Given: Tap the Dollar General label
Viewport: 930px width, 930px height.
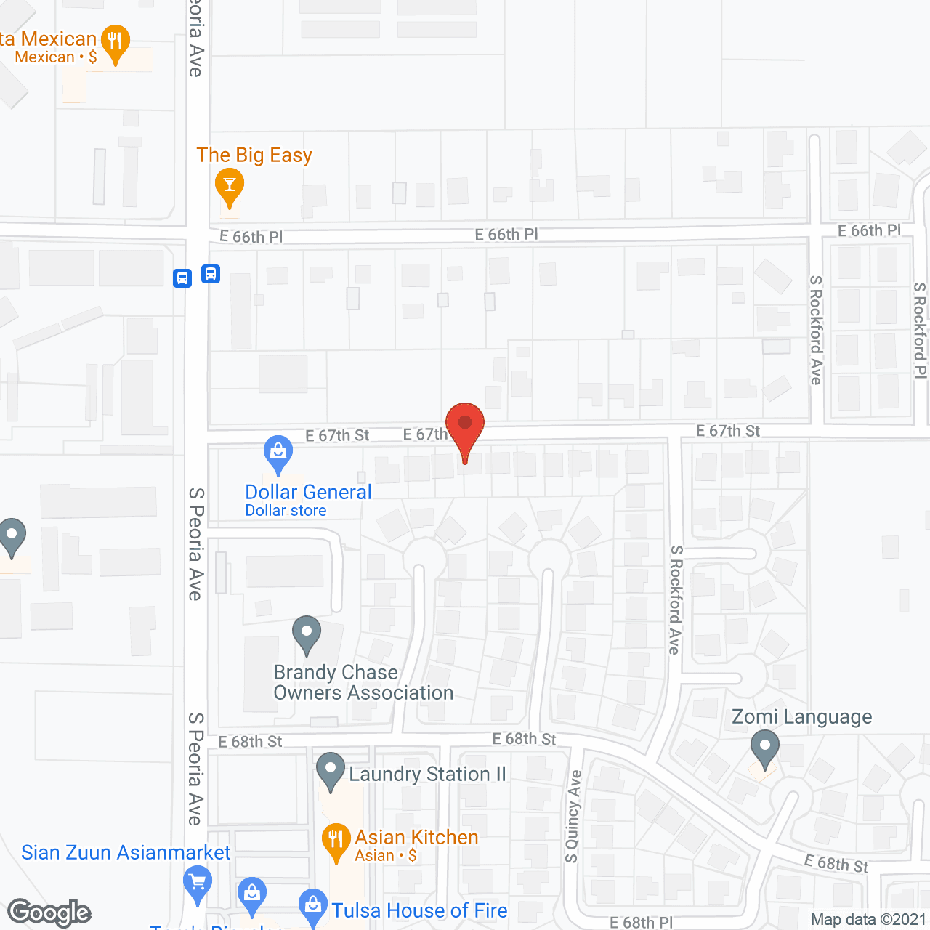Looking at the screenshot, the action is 308,493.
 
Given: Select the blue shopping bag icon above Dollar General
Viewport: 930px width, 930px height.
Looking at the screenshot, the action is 278,453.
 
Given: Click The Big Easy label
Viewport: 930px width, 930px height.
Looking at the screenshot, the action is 254,155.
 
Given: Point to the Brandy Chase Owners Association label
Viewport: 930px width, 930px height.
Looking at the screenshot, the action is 363,683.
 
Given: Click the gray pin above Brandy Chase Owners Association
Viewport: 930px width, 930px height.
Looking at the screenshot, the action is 307,634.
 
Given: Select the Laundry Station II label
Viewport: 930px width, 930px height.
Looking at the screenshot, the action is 427,775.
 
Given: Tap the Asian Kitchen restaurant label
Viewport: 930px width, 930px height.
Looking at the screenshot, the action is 416,838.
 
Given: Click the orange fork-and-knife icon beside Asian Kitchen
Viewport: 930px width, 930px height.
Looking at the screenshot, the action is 335,841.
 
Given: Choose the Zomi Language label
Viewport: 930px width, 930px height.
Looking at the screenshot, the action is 802,717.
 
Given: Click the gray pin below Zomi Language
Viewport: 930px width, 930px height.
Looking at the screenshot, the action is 764,748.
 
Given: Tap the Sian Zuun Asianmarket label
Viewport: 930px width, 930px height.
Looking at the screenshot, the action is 126,852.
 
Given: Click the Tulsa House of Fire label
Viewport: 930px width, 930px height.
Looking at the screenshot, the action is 419,910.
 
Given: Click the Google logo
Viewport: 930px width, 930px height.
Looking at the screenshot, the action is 49,913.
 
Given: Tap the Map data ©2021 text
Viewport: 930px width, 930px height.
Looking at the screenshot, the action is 868,920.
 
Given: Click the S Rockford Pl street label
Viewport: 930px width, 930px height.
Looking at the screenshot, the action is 920,331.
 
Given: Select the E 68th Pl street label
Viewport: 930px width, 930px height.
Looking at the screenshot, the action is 641,923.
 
